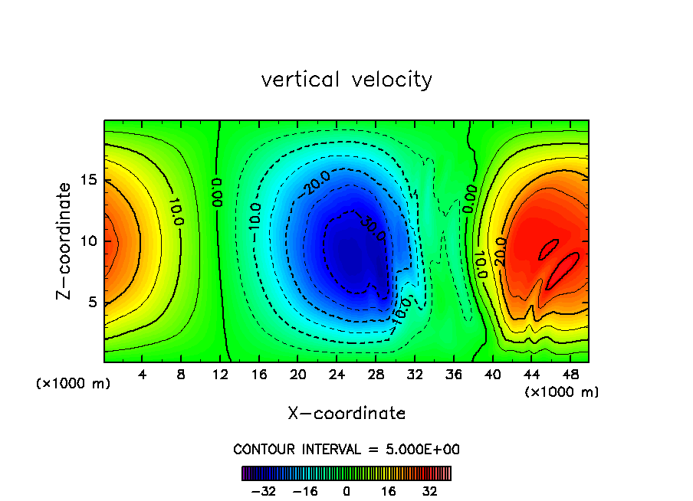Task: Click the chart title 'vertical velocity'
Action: coord(346,80)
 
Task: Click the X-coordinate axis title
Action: coord(346,414)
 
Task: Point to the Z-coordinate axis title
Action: coord(67,241)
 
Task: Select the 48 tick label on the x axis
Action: coord(570,375)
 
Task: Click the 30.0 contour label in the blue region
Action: coord(369,228)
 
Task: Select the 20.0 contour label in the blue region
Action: coord(317,183)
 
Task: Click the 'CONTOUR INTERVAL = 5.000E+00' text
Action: coord(346,450)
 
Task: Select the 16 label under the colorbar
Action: coord(389,491)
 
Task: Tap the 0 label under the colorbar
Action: coord(346,491)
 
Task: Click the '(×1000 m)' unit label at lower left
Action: coord(74,384)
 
